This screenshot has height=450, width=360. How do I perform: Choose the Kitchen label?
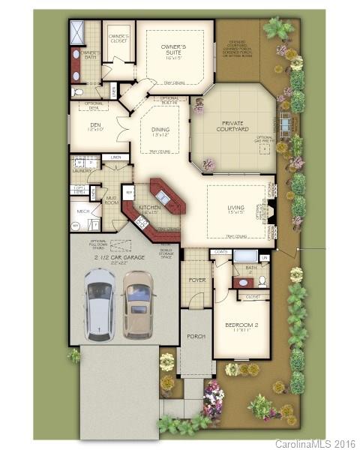149,208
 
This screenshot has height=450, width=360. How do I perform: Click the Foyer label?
196,280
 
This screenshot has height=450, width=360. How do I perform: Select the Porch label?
196,336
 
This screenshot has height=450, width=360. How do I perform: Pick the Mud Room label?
110,200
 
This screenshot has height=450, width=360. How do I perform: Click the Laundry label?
82,170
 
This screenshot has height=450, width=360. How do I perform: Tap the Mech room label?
83,212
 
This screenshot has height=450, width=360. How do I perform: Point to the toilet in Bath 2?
261,281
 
